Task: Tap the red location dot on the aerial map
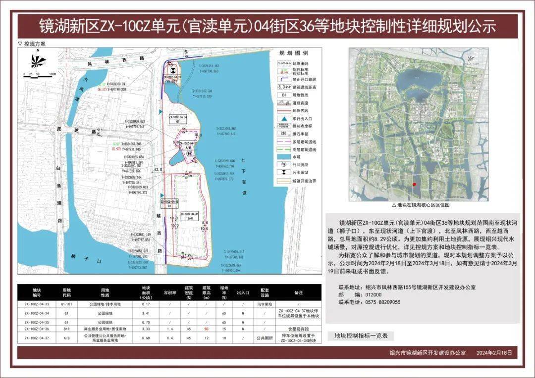click(414, 184)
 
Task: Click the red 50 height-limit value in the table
click(205, 328)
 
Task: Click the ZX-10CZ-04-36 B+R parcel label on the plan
click(189, 215)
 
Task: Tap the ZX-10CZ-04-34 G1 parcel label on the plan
click(177, 119)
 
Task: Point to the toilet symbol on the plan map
click(191, 153)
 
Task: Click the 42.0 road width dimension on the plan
click(159, 169)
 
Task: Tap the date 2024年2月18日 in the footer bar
click(497, 353)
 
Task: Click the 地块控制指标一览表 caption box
click(361, 336)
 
